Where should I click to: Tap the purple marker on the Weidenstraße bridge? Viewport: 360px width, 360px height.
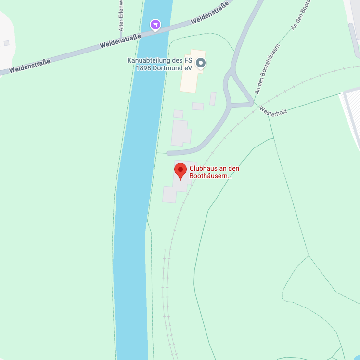pos(155,24)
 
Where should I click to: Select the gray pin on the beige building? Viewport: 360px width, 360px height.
pos(201,63)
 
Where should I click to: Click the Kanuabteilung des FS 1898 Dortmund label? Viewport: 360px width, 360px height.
pos(159,64)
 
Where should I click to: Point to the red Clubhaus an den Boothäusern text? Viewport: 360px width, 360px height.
pos(214,172)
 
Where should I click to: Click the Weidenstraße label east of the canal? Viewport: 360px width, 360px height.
pos(209,15)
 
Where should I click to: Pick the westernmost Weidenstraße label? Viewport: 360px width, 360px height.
pos(29,66)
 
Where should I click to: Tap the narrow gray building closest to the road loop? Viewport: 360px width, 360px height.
pos(213,98)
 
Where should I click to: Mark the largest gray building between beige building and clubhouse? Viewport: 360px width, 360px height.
pos(180,133)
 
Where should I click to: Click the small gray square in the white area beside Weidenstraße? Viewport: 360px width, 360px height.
pos(6,43)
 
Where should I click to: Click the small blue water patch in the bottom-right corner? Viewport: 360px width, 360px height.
pos(357,357)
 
